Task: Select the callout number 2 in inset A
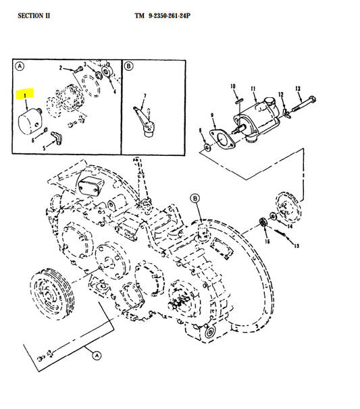click(x=60, y=68)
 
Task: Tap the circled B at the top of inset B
click(x=128, y=66)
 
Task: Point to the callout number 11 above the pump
click(x=254, y=88)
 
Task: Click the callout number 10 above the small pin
click(x=233, y=86)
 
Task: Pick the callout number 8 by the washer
click(x=200, y=130)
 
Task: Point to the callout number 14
click(x=290, y=227)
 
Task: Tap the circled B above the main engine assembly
click(x=195, y=198)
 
